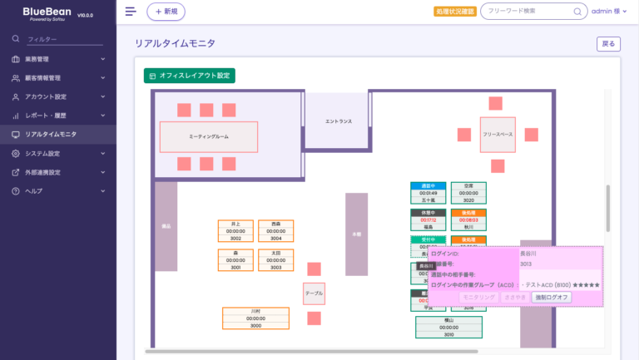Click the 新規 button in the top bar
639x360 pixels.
[166, 12]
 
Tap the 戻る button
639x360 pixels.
[608, 44]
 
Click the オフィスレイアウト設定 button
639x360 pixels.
[190, 76]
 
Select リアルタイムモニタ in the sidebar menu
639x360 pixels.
[52, 134]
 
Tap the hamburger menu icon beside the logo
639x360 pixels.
[130, 12]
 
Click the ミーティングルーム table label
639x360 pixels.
[209, 136]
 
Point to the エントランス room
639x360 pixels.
[338, 121]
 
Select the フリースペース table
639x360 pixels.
[498, 134]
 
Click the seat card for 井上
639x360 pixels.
[235, 231]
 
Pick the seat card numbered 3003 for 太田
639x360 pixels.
[275, 259]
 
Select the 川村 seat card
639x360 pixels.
[255, 318]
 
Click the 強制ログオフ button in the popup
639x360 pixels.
[552, 297]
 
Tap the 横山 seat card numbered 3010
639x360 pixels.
[448, 327]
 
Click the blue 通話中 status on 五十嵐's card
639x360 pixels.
[428, 185]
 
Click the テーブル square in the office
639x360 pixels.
[314, 293]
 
